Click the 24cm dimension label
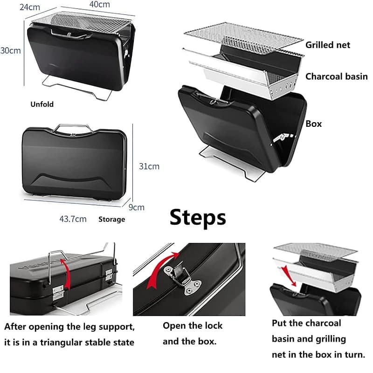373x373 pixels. coord(30,7)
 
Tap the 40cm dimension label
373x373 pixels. coord(100,4)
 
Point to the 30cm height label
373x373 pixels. coord(10,50)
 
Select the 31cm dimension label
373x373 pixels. coord(149,166)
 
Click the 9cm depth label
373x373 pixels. coord(136,207)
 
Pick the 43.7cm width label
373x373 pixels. coord(73,219)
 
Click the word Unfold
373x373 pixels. coord(42,104)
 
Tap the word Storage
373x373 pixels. coord(111,219)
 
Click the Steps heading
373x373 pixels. coord(198,218)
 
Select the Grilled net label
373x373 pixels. coord(328,45)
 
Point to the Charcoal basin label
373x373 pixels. coord(336,76)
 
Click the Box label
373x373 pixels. coord(313,124)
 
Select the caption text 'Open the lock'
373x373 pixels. coord(193,325)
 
